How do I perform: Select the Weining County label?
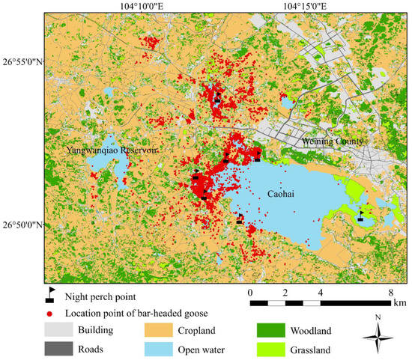(x=332, y=141)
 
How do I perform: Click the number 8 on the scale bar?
(x=391, y=292)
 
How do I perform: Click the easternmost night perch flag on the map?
(x=360, y=216)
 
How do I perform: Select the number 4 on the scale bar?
(x=320, y=292)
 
